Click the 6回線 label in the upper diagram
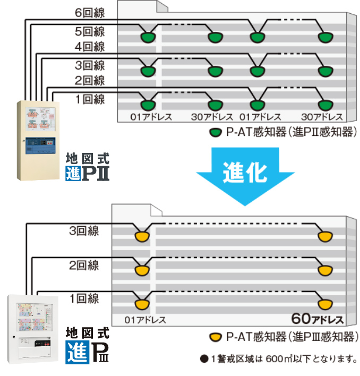[x=90, y=12]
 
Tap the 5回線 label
[x=90, y=31]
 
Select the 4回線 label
[x=90, y=47]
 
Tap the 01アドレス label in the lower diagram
[x=145, y=320]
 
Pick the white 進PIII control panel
[x=32, y=329]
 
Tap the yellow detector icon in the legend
[x=216, y=337]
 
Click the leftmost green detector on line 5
[x=147, y=37]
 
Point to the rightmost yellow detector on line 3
[x=324, y=236]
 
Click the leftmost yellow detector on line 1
[x=141, y=304]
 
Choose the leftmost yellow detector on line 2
[x=141, y=270]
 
